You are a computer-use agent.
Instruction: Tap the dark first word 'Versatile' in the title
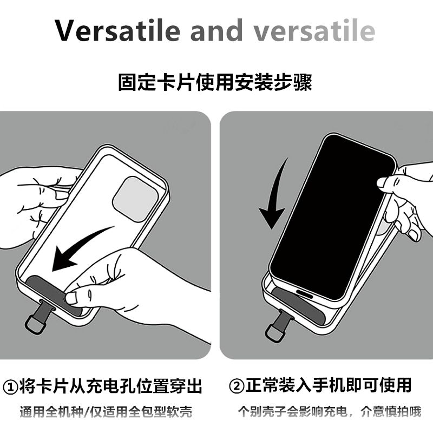[117, 30]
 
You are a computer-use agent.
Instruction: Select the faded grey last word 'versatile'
[314, 30]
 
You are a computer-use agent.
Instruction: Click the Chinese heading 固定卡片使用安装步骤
[215, 82]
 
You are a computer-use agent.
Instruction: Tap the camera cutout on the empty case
[135, 199]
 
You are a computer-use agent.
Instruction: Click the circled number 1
[10, 387]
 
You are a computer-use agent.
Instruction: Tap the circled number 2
[237, 386]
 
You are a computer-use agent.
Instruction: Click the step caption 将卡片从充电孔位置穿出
[111, 386]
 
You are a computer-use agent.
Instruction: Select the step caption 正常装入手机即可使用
[329, 385]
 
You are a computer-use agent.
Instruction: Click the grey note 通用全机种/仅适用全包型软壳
[106, 412]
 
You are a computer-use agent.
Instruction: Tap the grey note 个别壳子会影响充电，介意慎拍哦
[330, 411]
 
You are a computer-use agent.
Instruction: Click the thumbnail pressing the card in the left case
[71, 298]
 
